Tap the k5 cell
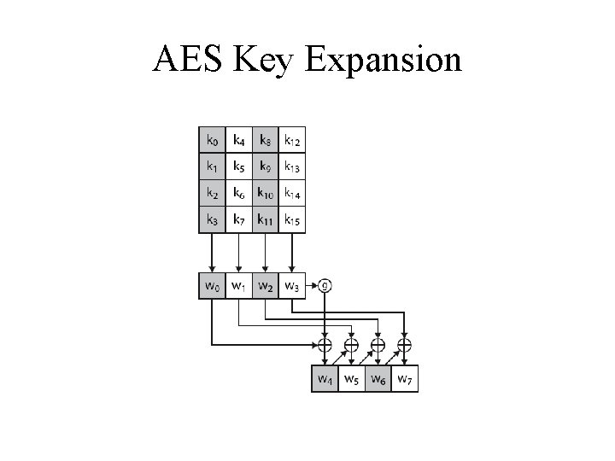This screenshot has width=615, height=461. point(238,166)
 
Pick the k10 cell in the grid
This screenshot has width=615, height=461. point(266,194)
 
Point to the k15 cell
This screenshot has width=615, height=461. point(292,221)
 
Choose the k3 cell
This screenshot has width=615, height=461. point(211,221)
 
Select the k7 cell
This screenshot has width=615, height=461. point(238,221)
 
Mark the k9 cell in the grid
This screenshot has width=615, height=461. point(266,166)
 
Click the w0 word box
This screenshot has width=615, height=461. point(211,285)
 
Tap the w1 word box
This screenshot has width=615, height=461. point(238,285)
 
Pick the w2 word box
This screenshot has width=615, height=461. point(266,285)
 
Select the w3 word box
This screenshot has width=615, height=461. point(292,285)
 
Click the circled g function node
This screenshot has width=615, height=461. point(325,284)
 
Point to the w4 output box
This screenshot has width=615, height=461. point(325,379)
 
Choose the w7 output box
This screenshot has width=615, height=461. point(406,379)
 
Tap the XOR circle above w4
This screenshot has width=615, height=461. point(325,346)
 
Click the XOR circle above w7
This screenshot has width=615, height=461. point(405,346)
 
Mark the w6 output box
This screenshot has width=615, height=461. point(378,379)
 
